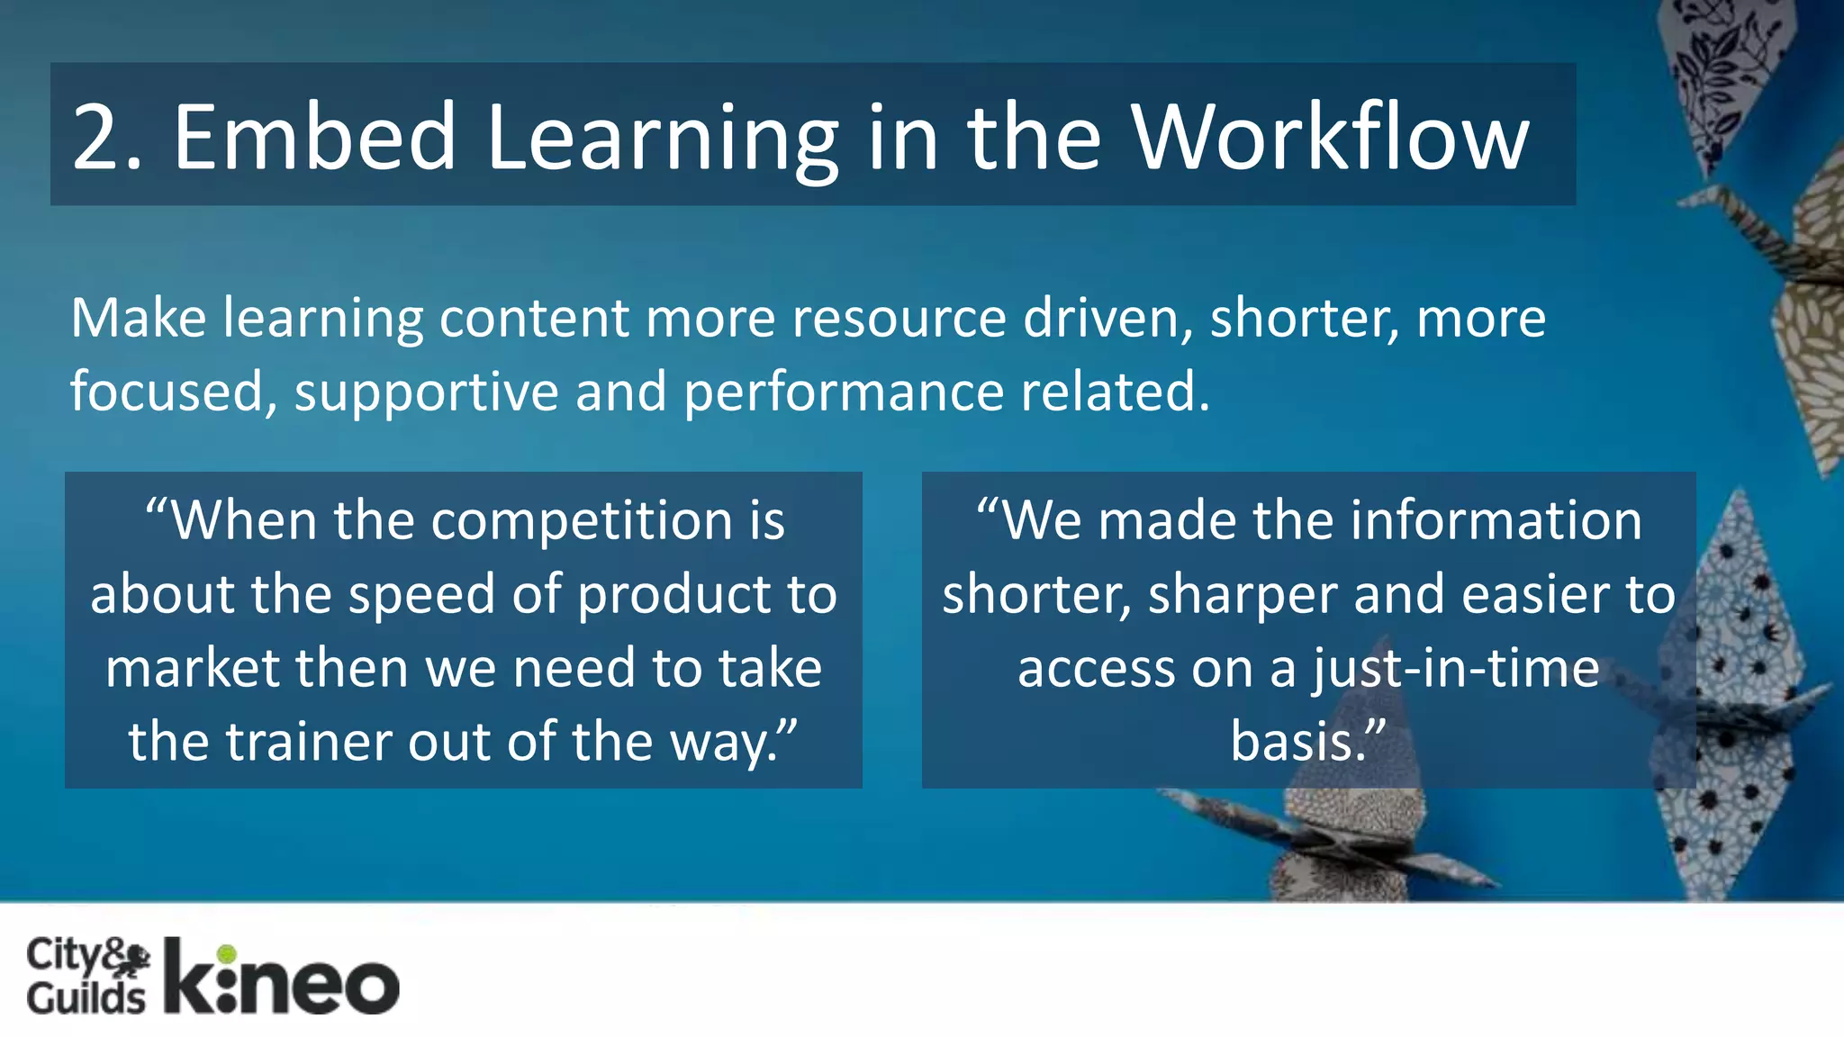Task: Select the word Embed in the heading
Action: [x=314, y=137]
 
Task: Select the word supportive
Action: [x=426, y=392]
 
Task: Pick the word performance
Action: [x=844, y=392]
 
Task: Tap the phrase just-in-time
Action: [x=1455, y=669]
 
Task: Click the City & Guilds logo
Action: [x=87, y=975]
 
